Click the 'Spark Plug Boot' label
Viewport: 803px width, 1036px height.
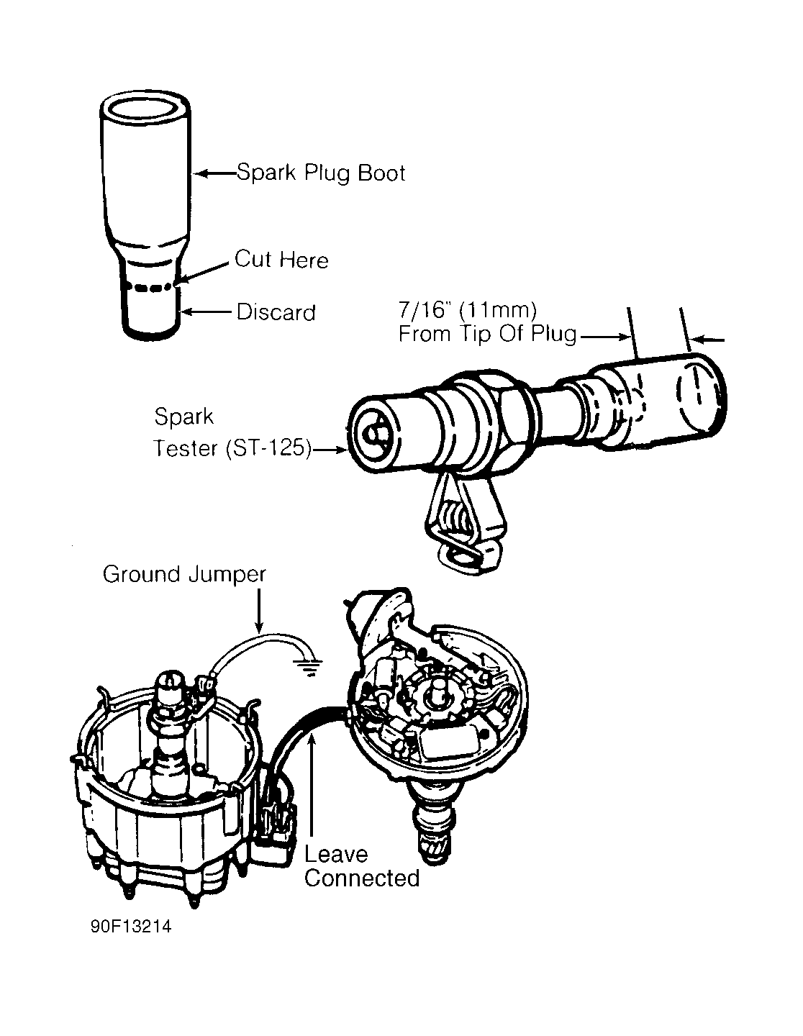[x=321, y=173]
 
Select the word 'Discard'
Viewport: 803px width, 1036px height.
[x=276, y=312]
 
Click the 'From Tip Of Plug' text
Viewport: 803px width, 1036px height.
[x=487, y=335]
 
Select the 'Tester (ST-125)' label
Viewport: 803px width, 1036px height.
[x=232, y=449]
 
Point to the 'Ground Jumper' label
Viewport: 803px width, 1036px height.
[x=184, y=574]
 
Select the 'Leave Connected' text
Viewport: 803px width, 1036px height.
[x=360, y=866]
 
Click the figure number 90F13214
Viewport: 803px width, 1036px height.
[x=131, y=927]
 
